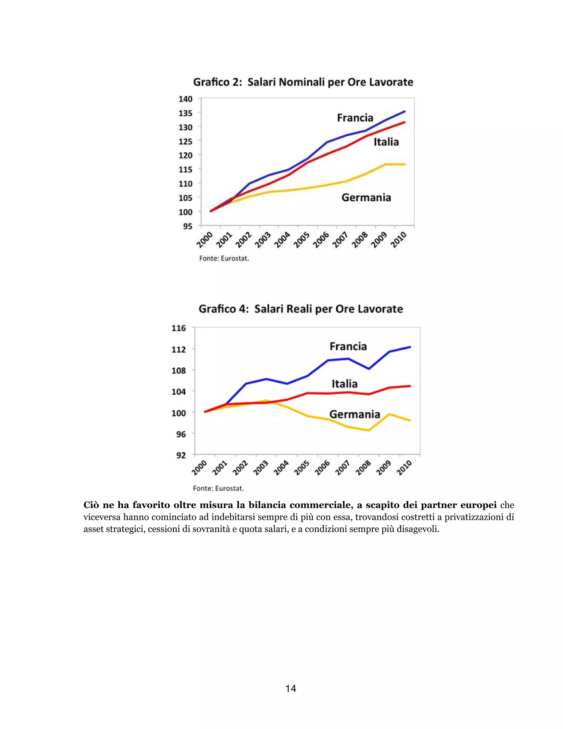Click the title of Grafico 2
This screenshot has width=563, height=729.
point(303,82)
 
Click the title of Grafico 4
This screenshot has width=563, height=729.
point(300,309)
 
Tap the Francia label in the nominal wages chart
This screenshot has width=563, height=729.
point(355,118)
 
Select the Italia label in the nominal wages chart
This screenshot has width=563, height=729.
point(386,142)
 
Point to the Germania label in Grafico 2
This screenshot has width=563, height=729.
point(366,198)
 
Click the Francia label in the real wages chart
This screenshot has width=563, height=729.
point(348,346)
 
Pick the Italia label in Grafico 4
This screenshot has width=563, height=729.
point(344,384)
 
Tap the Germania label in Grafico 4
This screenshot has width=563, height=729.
point(355,415)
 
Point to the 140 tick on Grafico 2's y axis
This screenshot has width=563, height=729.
point(186,99)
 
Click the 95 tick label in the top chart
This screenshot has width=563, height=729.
point(187,226)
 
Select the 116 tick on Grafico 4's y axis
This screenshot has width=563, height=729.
point(178,328)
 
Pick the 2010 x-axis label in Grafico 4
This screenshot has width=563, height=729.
point(404,468)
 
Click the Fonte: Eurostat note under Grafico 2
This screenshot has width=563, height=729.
point(224,258)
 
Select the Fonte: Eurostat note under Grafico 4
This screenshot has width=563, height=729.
point(218,488)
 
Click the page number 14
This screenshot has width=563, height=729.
point(291,688)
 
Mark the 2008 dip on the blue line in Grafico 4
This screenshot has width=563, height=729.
point(369,369)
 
